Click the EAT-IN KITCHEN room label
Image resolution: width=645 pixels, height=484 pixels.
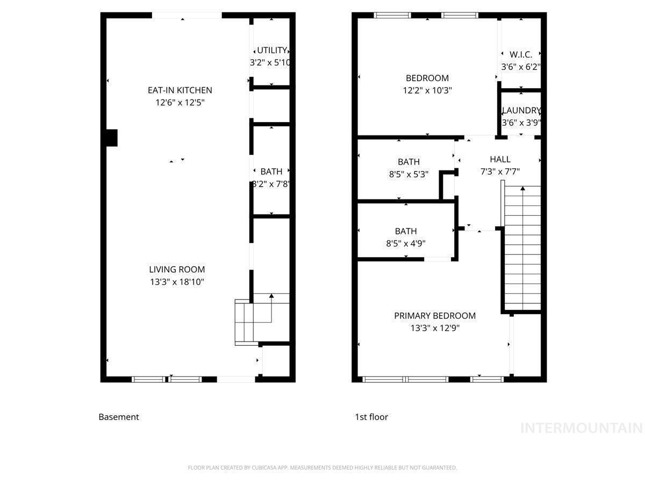pos(180,90)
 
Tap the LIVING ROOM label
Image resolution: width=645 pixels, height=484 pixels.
pos(177,269)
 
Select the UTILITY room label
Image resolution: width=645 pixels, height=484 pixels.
pos(272,51)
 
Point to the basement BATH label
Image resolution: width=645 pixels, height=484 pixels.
pos(271,172)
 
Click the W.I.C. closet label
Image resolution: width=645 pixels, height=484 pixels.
pos(520,54)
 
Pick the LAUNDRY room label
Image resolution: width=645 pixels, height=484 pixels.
pos(520,111)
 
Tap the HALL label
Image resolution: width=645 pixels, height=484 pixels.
pos(500,159)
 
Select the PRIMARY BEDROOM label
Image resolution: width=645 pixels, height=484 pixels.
pos(435,316)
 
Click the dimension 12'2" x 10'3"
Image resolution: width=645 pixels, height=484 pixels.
pos(427,90)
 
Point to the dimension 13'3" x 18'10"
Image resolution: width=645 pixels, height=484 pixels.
pos(177,281)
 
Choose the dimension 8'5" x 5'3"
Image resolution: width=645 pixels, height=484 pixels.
pos(408,174)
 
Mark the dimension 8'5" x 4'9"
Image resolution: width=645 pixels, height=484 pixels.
pos(406,243)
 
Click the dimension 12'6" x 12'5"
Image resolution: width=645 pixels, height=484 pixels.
pos(180,102)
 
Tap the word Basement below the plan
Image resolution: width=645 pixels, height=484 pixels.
pos(119,417)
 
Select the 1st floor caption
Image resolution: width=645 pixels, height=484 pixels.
pos(371,417)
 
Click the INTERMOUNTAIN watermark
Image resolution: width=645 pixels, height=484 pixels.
pos(582,428)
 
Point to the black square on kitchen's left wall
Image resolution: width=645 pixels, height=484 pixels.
pos(111,138)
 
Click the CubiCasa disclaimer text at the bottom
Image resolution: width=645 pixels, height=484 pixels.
pos(322,468)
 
